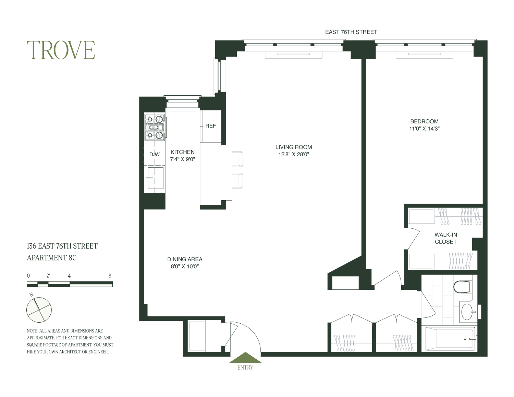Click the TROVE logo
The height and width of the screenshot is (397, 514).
tap(61, 50)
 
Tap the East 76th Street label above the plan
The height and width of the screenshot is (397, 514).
tap(351, 32)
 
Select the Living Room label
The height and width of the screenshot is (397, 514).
tap(294, 147)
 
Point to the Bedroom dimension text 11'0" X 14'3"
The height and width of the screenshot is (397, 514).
tap(424, 129)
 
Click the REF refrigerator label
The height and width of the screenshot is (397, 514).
tap(210, 126)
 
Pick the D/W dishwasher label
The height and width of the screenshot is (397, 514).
tap(155, 155)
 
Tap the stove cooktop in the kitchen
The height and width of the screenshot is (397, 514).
tap(155, 127)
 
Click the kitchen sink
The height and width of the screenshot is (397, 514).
tap(156, 178)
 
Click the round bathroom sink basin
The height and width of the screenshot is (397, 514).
tap(467, 312)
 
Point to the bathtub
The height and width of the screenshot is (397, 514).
tap(450, 339)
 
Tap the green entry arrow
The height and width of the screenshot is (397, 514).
tap(245, 358)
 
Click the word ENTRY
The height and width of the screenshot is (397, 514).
tap(245, 368)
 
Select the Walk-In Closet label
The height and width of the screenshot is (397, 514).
tap(446, 238)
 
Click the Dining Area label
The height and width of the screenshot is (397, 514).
tap(185, 259)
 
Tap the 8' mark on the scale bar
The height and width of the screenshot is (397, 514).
tap(110, 276)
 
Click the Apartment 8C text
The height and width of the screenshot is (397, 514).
tap(51, 258)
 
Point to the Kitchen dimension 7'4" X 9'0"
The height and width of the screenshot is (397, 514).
tap(182, 159)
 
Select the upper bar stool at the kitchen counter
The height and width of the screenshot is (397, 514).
tap(237, 159)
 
